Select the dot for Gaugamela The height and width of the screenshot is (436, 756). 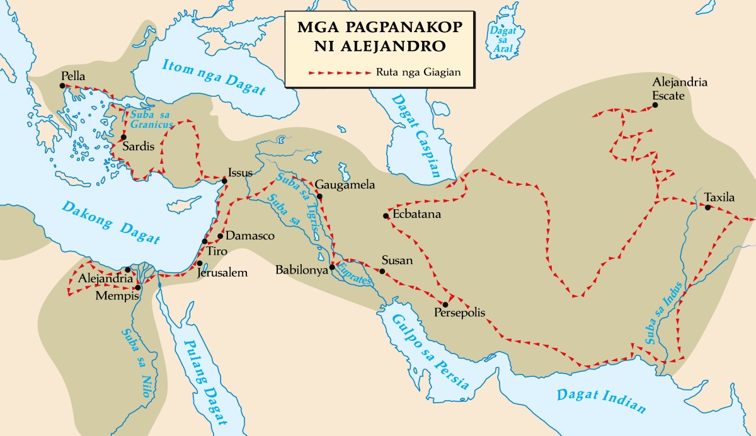click(320, 197)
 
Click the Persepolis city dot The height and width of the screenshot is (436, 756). click(445, 304)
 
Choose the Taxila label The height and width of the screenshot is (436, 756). click(719, 197)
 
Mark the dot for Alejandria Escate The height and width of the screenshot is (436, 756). click(655, 105)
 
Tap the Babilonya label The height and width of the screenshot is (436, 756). click(302, 270)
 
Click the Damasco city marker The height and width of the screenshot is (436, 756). click(220, 236)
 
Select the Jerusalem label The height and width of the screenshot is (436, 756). click(222, 273)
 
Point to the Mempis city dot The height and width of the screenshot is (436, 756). click(137, 288)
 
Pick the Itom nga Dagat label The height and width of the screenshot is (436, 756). click(213, 76)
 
